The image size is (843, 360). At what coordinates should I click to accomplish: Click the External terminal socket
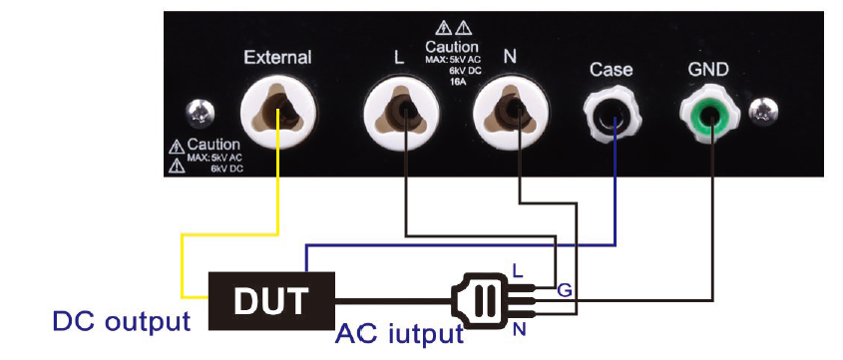278,112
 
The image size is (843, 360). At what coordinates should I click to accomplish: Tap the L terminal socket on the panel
401,112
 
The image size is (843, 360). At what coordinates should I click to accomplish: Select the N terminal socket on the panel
510,112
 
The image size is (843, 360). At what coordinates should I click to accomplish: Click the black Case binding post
612,114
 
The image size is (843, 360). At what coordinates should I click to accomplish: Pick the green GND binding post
709,114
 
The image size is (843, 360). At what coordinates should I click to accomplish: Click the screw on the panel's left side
200,113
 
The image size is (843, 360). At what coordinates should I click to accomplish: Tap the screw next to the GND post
764,111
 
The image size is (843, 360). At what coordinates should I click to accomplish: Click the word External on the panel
277,58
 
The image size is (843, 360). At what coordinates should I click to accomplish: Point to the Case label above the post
611,70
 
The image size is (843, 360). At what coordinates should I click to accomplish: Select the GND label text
708,70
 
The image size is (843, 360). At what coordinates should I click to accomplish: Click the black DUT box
271,300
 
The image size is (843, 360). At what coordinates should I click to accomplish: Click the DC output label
122,321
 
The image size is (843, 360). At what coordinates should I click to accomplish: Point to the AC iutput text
399,334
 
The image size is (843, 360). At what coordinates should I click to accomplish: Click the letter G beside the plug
564,290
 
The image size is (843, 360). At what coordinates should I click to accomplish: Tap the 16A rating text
458,81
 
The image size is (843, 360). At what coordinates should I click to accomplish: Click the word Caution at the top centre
452,47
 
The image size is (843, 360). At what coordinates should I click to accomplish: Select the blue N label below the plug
519,328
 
